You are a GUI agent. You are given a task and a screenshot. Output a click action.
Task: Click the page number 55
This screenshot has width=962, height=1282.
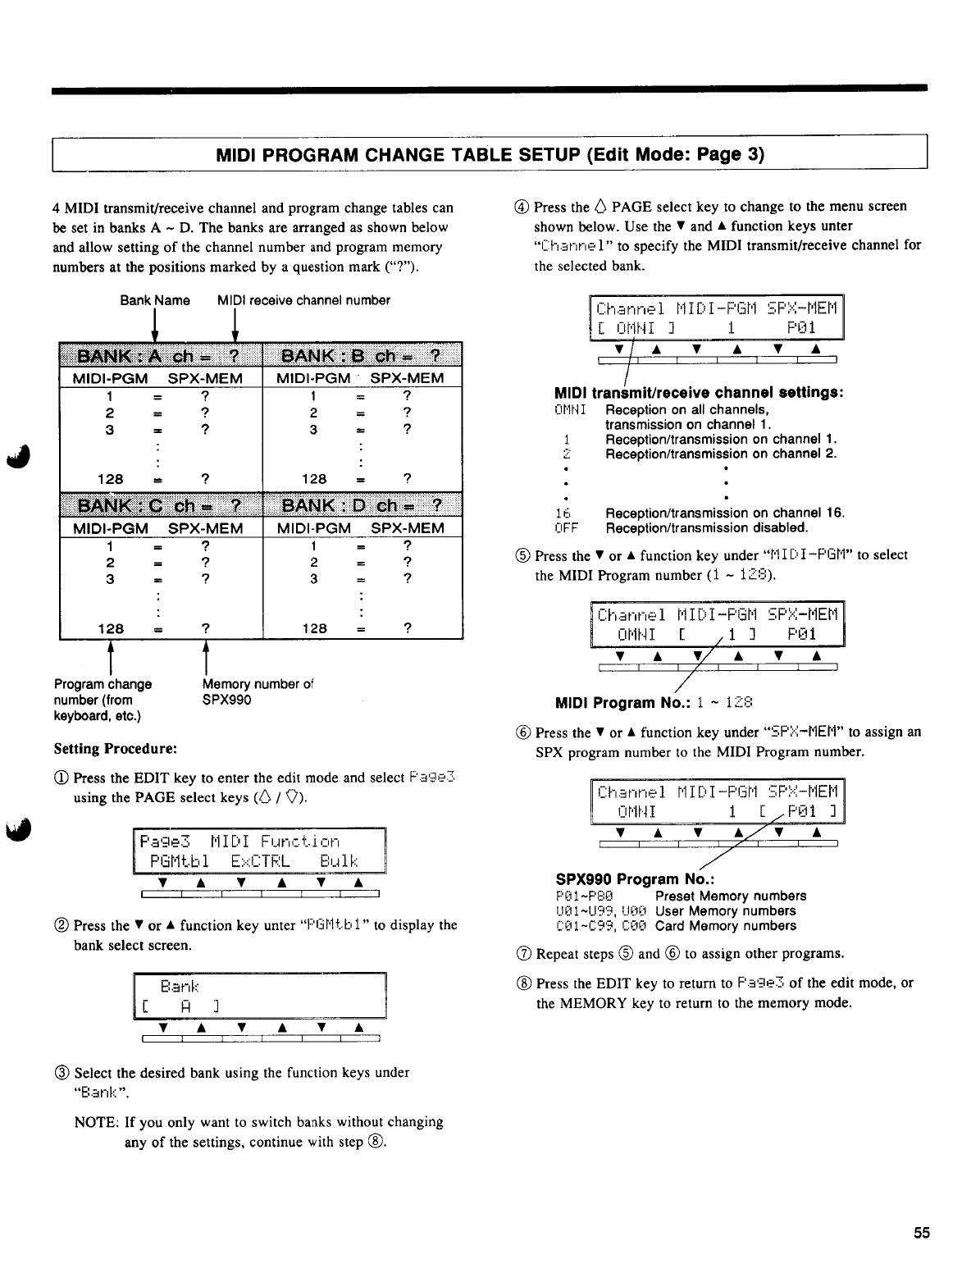click(922, 1233)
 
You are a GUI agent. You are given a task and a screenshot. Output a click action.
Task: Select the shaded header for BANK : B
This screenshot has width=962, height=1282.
click(362, 356)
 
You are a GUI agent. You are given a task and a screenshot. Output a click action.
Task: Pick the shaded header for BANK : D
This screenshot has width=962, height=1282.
click(362, 504)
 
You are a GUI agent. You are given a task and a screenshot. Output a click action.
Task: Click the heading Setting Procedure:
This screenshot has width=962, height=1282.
click(116, 749)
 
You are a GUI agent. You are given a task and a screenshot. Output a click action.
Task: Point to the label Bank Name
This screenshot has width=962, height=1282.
click(155, 300)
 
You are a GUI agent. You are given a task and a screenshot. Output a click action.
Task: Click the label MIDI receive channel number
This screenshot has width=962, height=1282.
click(303, 300)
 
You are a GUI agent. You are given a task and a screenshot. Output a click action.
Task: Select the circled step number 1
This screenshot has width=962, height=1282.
click(62, 778)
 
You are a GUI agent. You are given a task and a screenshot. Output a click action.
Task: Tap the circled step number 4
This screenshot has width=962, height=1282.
click(523, 207)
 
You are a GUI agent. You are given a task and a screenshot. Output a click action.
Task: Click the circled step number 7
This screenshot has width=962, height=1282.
click(523, 954)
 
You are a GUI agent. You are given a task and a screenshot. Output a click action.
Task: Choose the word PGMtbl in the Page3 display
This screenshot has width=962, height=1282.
click(180, 861)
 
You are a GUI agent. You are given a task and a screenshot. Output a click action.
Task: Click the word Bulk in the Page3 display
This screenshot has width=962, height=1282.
click(339, 861)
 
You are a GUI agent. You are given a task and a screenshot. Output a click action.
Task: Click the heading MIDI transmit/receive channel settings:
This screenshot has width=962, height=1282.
click(700, 392)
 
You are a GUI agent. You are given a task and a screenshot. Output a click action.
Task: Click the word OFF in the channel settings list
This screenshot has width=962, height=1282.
click(567, 528)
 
